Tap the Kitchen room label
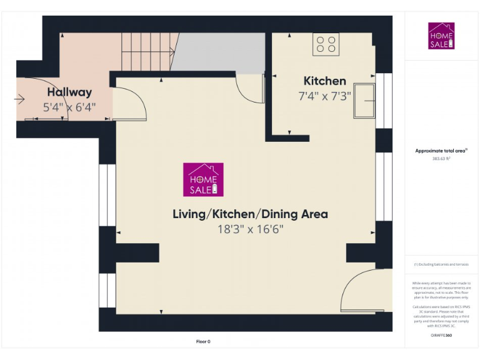pos(324,81)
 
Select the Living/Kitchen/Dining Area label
pos(250,214)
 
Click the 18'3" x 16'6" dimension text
pos(250,229)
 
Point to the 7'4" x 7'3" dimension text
pos(324,96)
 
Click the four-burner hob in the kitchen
pos(326,44)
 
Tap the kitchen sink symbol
pos(364,100)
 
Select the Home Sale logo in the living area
pos(203,179)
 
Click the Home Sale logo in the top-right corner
pos(441,36)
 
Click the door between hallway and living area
pos(129,103)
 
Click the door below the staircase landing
pos(251,87)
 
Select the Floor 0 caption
pos(203,341)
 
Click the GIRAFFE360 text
pos(441,336)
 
